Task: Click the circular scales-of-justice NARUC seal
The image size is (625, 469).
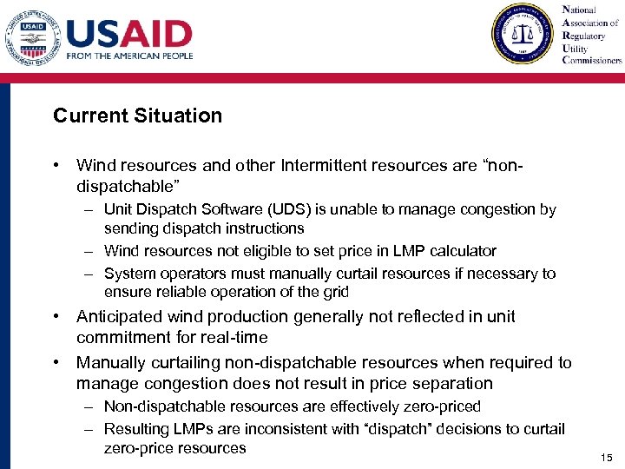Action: pyautogui.click(x=523, y=34)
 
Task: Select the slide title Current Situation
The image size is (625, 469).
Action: pyautogui.click(x=137, y=116)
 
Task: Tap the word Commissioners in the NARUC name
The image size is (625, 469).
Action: pyautogui.click(x=592, y=61)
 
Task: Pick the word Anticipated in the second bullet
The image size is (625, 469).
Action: pyautogui.click(x=119, y=317)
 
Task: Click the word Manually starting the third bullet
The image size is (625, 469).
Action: pyautogui.click(x=110, y=363)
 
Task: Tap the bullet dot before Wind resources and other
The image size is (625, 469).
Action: pyautogui.click(x=56, y=165)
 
